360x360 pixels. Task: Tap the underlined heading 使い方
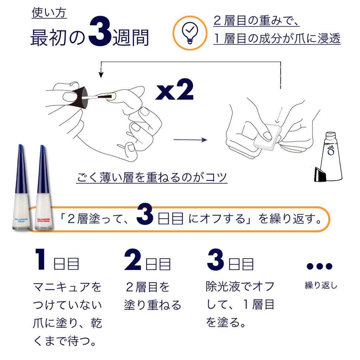pyautogui.click(x=49, y=13)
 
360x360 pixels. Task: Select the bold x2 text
pyautogui.click(x=175, y=91)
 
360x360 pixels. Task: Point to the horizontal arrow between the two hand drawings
pyautogui.click(x=190, y=140)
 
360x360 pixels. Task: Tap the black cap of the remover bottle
pyautogui.click(x=321, y=175)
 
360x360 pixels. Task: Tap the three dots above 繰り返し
pyautogui.click(x=319, y=266)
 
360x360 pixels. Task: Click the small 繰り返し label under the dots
pyautogui.click(x=321, y=285)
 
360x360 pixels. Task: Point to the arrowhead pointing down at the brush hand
pyautogui.click(x=101, y=75)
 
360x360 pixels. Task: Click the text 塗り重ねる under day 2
pyautogui.click(x=153, y=305)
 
